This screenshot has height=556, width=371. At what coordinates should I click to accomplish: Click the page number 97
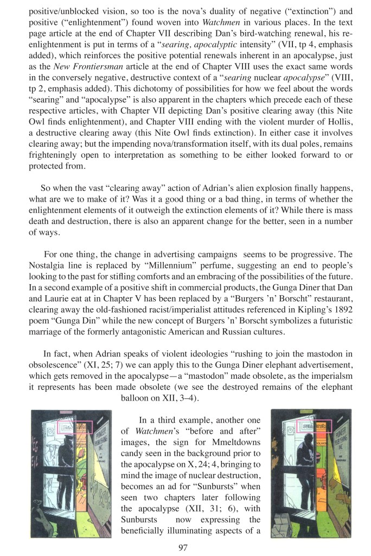[x=183, y=547]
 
